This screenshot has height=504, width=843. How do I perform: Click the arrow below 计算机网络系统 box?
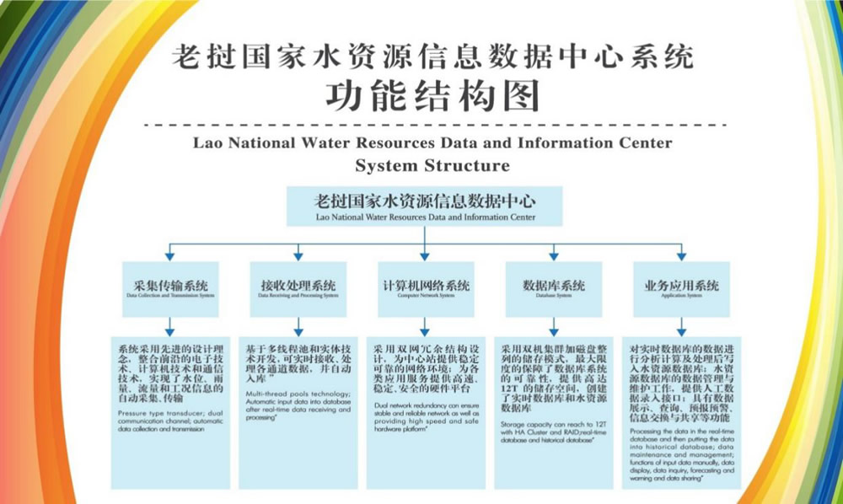tap(424, 324)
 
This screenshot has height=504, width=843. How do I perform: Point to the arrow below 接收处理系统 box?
tap(298, 324)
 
